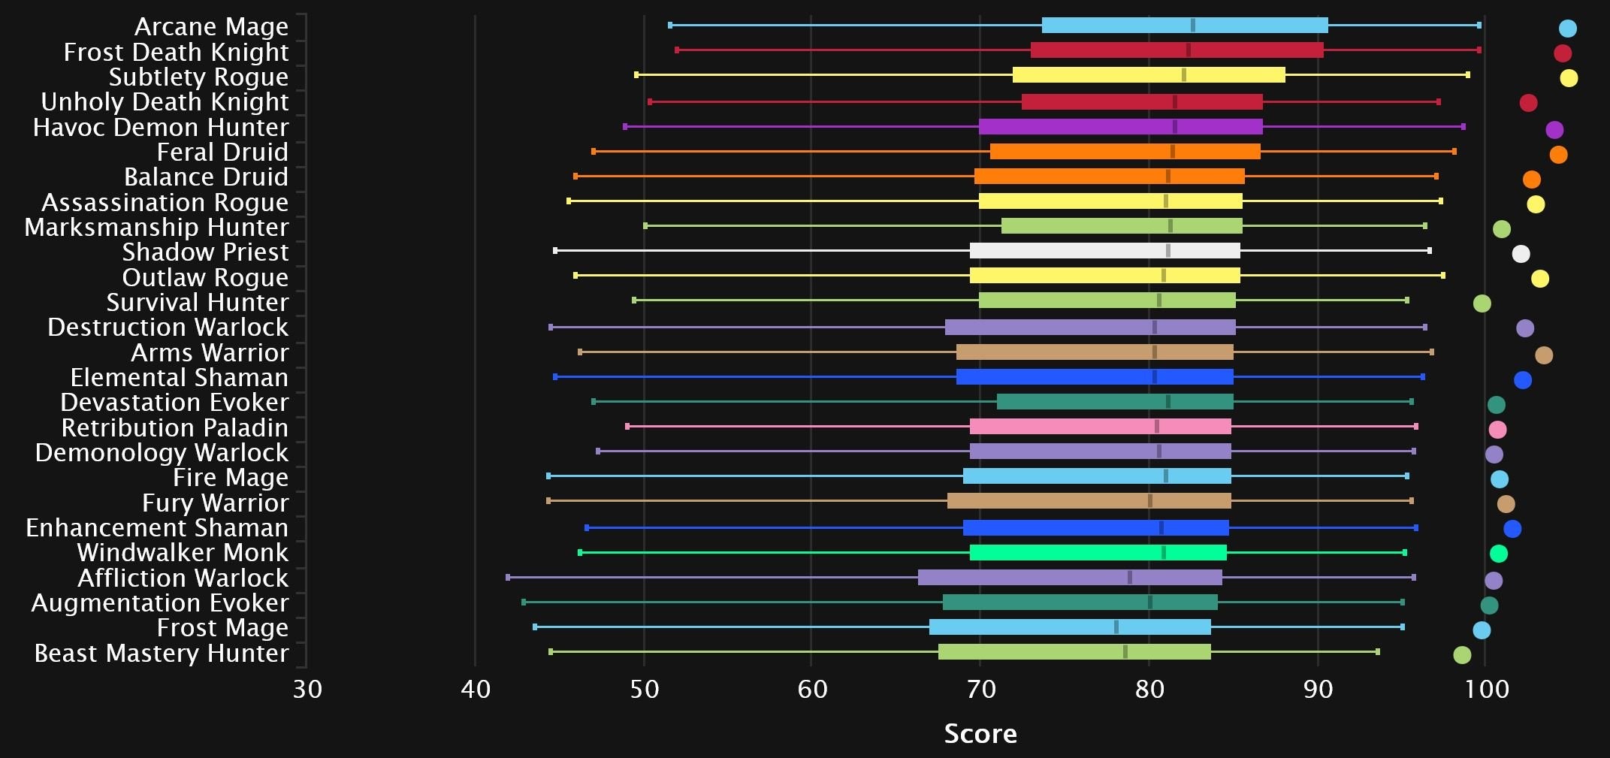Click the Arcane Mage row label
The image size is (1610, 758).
coord(211,27)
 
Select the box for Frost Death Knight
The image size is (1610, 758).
coord(1177,50)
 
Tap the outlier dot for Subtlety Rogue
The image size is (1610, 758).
coord(1569,78)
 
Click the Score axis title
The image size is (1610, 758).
coord(980,733)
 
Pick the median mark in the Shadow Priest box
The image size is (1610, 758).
coord(1167,251)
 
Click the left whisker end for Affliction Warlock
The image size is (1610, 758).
coord(508,578)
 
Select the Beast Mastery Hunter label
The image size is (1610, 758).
coord(162,654)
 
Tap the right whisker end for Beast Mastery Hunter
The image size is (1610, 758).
coord(1377,652)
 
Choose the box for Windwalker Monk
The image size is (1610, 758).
coord(1098,553)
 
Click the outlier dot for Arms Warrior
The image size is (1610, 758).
coord(1544,355)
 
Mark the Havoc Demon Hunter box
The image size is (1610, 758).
coord(1120,126)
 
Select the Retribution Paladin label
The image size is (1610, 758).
coord(174,428)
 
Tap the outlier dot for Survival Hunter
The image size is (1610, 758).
coord(1482,304)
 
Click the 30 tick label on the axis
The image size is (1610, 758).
coord(307,689)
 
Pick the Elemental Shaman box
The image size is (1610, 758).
coord(1095,377)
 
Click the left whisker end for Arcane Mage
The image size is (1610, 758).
coord(670,26)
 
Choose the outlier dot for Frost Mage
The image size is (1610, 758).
coord(1482,630)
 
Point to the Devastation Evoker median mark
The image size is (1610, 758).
coord(1167,402)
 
